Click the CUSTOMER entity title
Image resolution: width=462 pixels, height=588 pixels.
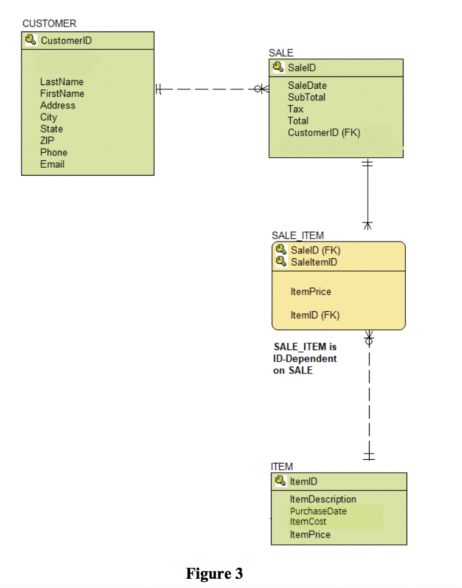pos(49,23)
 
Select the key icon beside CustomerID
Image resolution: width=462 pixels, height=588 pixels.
pos(30,41)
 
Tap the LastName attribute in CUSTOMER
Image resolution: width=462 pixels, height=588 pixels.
pos(62,81)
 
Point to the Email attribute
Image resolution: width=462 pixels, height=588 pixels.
pos(52,164)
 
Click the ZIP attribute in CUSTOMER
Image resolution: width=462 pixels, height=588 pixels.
pos(47,141)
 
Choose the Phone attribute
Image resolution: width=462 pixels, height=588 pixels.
pos(54,152)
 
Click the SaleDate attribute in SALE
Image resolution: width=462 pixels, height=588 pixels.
pos(307,86)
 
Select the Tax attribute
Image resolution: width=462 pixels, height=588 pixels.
pos(295,109)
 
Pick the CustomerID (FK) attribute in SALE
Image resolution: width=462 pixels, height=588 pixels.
pos(323,133)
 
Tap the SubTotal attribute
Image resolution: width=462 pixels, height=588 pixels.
pos(306,97)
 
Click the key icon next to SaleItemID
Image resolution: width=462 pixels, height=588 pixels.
pos(281,262)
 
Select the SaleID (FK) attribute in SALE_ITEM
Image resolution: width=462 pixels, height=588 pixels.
pos(315,250)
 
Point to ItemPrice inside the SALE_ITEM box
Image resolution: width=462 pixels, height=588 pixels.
pos(310,292)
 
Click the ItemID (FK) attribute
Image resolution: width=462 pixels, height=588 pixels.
pos(315,315)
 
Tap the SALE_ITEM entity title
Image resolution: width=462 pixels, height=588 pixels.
pos(298,235)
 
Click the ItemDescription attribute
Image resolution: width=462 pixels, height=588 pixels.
pos(323,499)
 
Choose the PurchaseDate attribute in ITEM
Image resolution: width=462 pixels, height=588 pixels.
pos(318,511)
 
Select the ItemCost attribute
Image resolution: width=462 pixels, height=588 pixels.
pos(308,521)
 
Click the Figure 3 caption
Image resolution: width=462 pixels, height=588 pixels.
pos(214,574)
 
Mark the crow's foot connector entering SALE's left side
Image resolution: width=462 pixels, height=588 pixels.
pos(262,89)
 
